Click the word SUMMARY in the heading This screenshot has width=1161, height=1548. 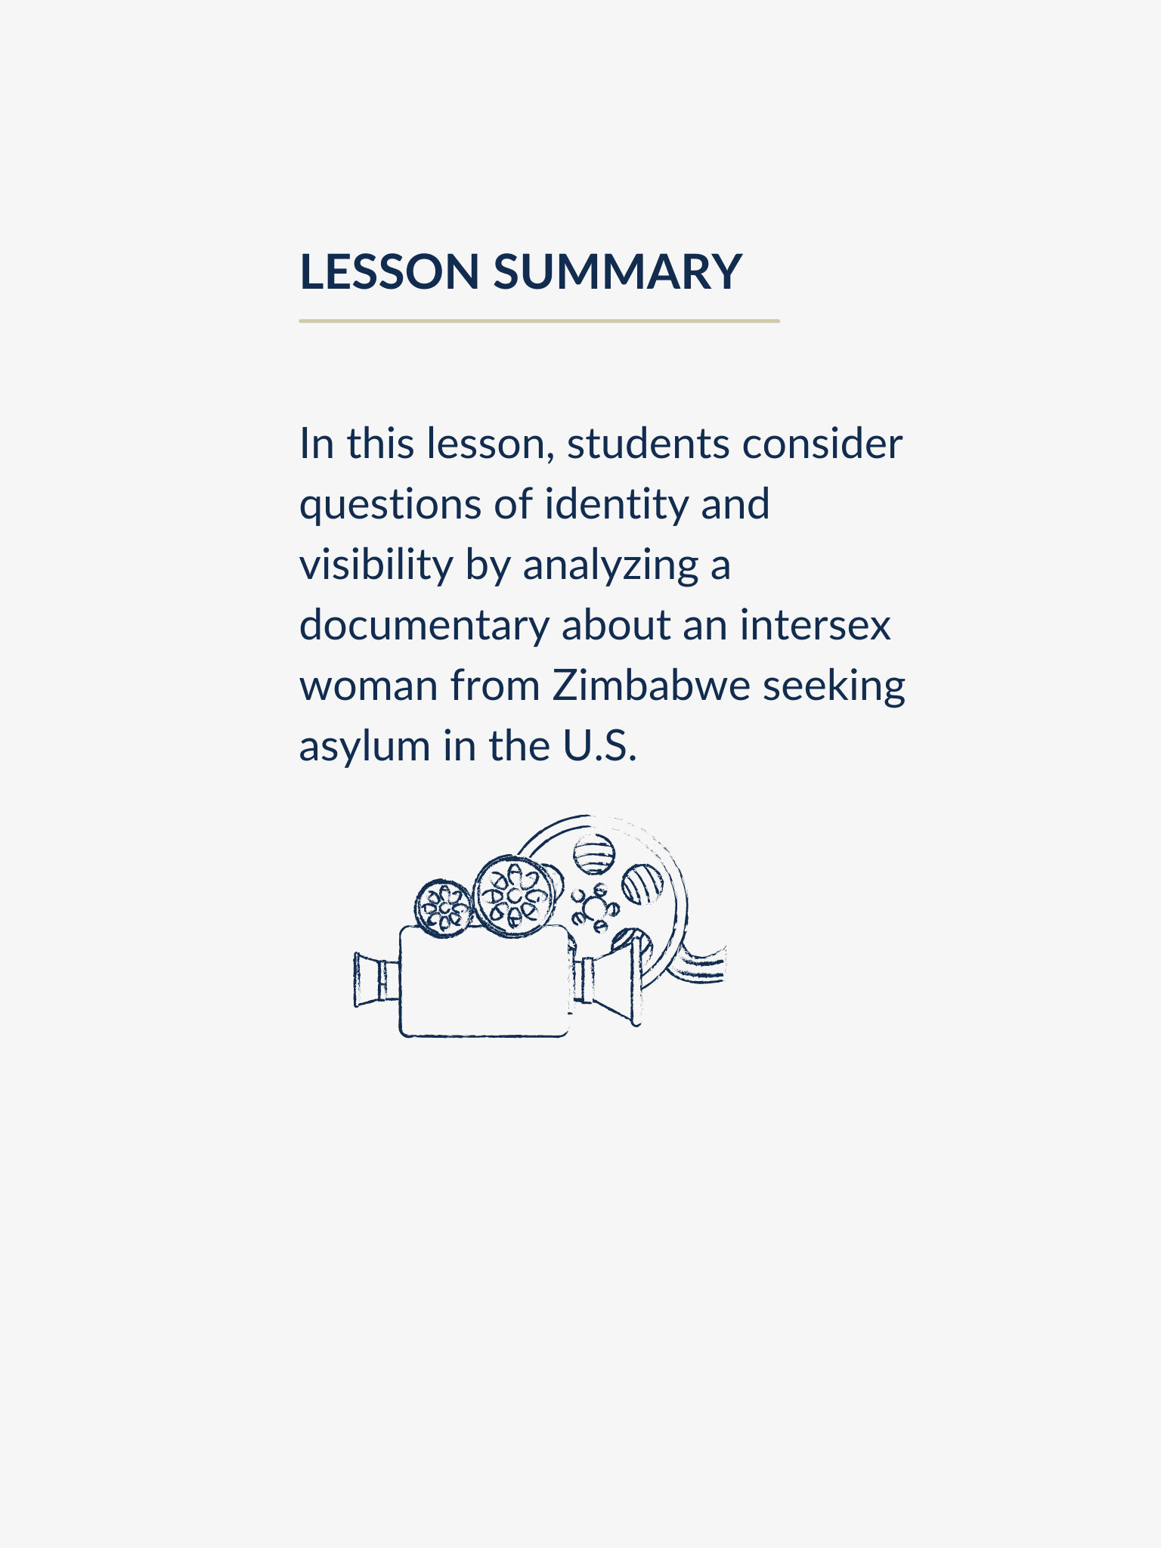[x=618, y=271]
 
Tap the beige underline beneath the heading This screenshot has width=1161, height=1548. [x=539, y=321]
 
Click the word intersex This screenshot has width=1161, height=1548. [x=816, y=625]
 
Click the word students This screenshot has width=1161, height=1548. [x=648, y=444]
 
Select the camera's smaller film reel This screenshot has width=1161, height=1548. [x=444, y=908]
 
